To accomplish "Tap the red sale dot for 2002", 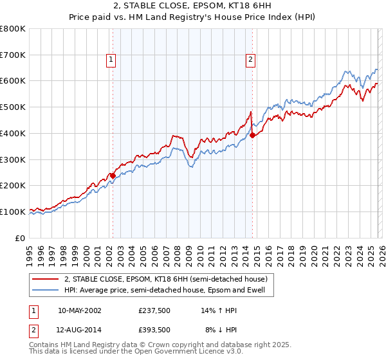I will coord(113,175).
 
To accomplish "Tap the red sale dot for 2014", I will coord(252,135).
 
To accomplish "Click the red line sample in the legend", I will coord(46,279).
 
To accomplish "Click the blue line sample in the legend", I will coord(46,290).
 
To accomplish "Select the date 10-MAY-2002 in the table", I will coord(79,310).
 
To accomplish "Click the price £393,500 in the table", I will coord(153,329).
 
